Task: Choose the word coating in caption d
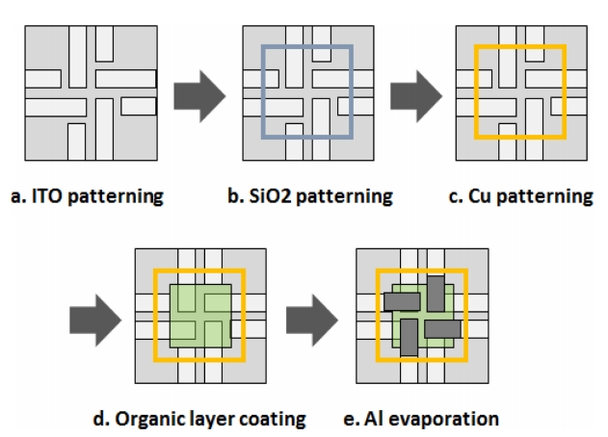tap(275, 419)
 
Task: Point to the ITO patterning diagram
tap(92, 93)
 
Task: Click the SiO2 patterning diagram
tap(307, 93)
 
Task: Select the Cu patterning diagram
tap(521, 93)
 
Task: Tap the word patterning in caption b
tap(344, 196)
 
